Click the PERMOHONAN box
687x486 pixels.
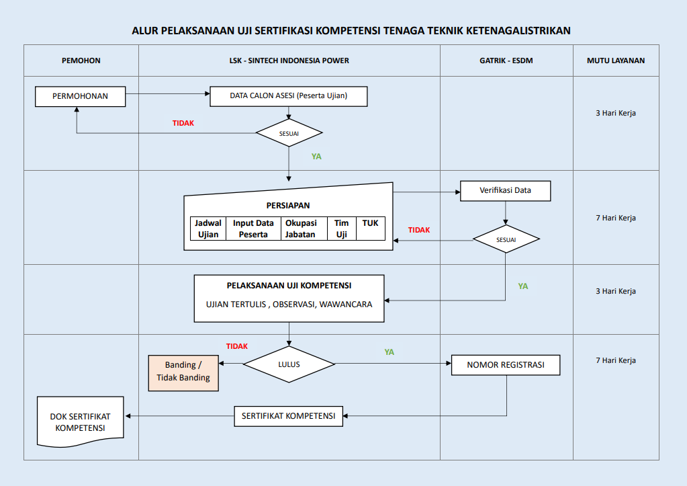point(80,96)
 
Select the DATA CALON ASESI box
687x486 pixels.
point(288,96)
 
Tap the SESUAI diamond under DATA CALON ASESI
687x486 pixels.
point(289,133)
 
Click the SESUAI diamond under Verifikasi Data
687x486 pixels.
point(506,239)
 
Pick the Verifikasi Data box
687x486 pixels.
point(505,190)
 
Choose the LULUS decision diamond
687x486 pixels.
point(289,364)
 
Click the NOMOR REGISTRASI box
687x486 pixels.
point(505,365)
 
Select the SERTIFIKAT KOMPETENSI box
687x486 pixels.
point(288,415)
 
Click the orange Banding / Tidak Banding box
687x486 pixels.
point(183,371)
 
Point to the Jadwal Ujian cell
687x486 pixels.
point(208,229)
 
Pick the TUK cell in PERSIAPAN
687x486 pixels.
point(370,224)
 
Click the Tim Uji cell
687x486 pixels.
point(341,229)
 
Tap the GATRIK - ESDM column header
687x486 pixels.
point(506,60)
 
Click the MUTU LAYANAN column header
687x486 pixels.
point(615,60)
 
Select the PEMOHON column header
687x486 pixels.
point(81,60)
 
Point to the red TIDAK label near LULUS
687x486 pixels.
point(237,346)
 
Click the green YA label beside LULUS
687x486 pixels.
point(389,352)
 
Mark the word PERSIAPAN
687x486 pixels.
point(288,206)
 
